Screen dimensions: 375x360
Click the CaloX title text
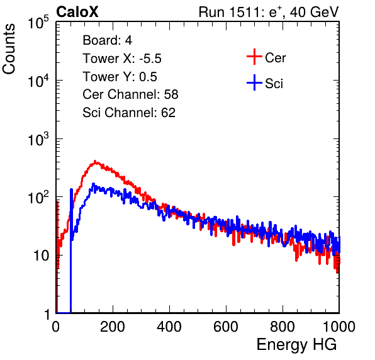(77, 12)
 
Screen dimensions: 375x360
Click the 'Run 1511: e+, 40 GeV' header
(269, 12)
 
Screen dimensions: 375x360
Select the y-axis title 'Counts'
(9, 49)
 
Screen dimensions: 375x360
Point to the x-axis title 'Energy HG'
(296, 345)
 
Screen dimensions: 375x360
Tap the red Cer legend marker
(254, 57)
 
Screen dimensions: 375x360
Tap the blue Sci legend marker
(254, 83)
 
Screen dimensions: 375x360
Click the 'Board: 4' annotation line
(107, 40)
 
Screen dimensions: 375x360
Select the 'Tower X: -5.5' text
(122, 59)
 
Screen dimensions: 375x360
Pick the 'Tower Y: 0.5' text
(120, 77)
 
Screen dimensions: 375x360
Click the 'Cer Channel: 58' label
(130, 94)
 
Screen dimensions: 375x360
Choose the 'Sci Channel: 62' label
(129, 113)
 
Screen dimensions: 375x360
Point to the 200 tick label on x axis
(113, 327)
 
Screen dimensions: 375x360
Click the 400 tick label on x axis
(169, 327)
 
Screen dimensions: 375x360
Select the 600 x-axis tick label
(226, 327)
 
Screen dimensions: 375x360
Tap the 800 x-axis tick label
(283, 327)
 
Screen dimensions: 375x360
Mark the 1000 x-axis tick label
(339, 327)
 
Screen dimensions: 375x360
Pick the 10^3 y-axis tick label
(38, 139)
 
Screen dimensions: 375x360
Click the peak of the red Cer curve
(95, 162)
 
